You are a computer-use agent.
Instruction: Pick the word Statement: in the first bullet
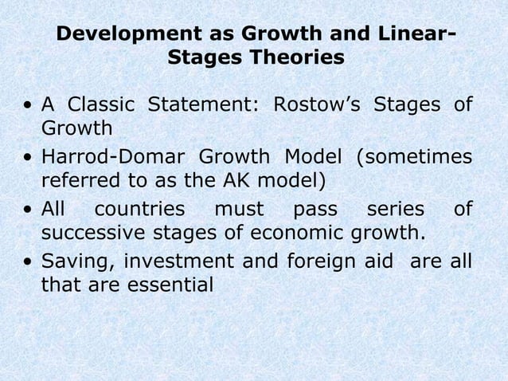click(209, 105)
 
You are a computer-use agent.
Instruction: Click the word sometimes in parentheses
click(414, 157)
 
